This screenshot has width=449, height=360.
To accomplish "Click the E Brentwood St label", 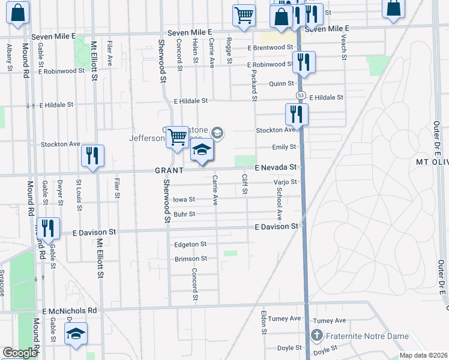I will [x=270, y=47].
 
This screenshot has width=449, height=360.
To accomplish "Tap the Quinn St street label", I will [x=281, y=83].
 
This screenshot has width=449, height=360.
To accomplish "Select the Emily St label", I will [x=285, y=146].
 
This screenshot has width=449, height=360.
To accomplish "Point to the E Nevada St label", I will [x=276, y=167].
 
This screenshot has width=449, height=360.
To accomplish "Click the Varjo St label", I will [x=285, y=182].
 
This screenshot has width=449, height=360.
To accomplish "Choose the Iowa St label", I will [x=184, y=199].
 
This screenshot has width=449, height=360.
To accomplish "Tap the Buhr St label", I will [x=184, y=214].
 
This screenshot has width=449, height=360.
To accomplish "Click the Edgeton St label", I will [x=190, y=244].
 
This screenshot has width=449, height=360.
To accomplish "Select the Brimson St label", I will [x=190, y=259].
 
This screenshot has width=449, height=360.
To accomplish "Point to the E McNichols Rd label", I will [x=69, y=311].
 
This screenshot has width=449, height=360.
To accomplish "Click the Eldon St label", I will [x=264, y=323].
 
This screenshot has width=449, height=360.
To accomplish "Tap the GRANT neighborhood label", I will [x=169, y=170].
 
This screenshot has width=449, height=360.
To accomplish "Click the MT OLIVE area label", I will [x=424, y=163].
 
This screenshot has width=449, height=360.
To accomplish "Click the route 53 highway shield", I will [x=300, y=96].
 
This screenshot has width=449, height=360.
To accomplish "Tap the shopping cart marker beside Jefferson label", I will [x=177, y=138].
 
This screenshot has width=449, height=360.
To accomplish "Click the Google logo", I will [x=20, y=353].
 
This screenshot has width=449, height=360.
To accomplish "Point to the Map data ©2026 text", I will [x=423, y=355].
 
